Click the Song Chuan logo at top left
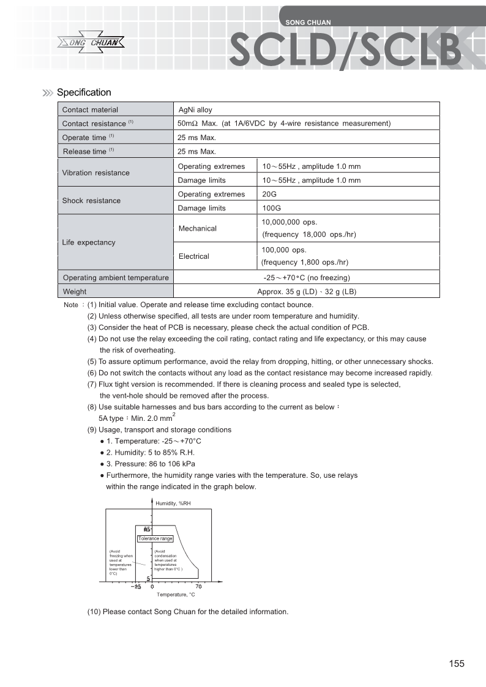point(91,43)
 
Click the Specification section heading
point(84,92)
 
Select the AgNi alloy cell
point(195,110)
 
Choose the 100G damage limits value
point(271,208)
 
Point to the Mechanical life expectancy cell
point(197,228)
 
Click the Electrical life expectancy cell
point(193,256)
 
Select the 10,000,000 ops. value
point(289,222)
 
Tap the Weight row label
point(75,292)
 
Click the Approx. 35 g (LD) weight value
point(307,292)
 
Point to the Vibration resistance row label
point(96,173)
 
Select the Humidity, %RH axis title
point(174,503)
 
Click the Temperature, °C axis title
point(176,595)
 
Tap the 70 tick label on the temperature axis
point(199,587)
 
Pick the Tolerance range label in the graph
point(155,538)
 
